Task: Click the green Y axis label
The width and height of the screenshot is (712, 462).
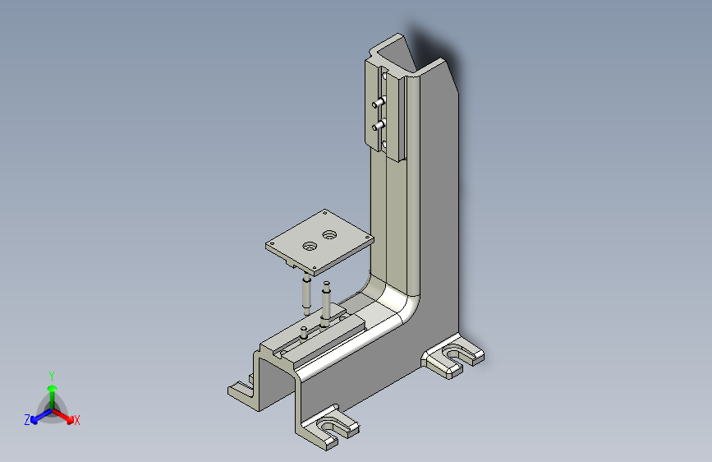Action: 51,373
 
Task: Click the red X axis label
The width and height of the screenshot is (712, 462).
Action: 77,420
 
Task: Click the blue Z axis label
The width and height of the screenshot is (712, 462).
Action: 27,420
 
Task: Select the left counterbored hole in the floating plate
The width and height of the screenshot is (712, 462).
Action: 310,246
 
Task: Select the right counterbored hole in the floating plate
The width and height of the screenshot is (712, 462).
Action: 330,235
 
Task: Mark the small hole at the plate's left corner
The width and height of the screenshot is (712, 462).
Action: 272,244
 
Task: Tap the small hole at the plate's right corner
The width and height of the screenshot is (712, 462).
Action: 365,237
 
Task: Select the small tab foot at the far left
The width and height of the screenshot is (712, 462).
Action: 239,388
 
